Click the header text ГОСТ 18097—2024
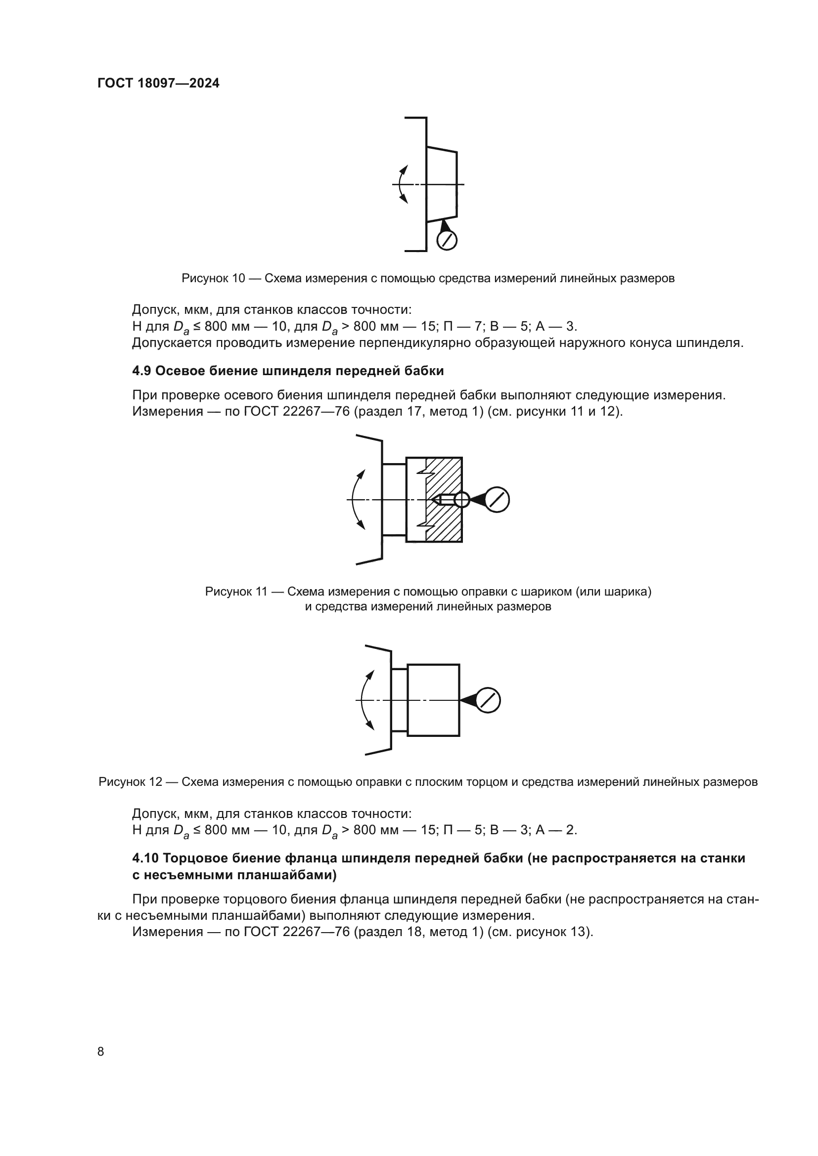(158, 84)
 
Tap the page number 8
(101, 1051)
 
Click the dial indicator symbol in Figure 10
(447, 240)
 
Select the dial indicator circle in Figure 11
(497, 500)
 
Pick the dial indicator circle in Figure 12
(488, 700)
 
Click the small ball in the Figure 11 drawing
(461, 500)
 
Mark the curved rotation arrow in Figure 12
(364, 700)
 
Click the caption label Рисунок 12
(131, 782)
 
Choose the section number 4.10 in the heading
(145, 858)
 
